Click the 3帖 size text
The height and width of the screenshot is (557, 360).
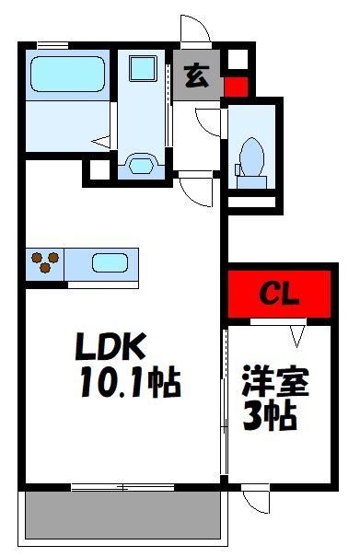[x=270, y=416]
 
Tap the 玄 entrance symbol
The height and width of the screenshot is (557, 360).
[x=197, y=76]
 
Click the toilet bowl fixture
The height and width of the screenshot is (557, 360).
[x=250, y=157]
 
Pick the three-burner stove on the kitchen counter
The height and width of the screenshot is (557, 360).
[x=45, y=263]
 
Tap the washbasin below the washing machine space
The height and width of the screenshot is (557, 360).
[x=141, y=166]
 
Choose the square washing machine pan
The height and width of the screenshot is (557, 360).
[x=143, y=68]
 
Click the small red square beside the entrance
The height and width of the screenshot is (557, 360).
[x=236, y=88]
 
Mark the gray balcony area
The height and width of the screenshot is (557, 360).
[x=123, y=514]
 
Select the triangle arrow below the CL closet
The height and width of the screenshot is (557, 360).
[x=296, y=330]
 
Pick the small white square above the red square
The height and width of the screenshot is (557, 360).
[x=235, y=60]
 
